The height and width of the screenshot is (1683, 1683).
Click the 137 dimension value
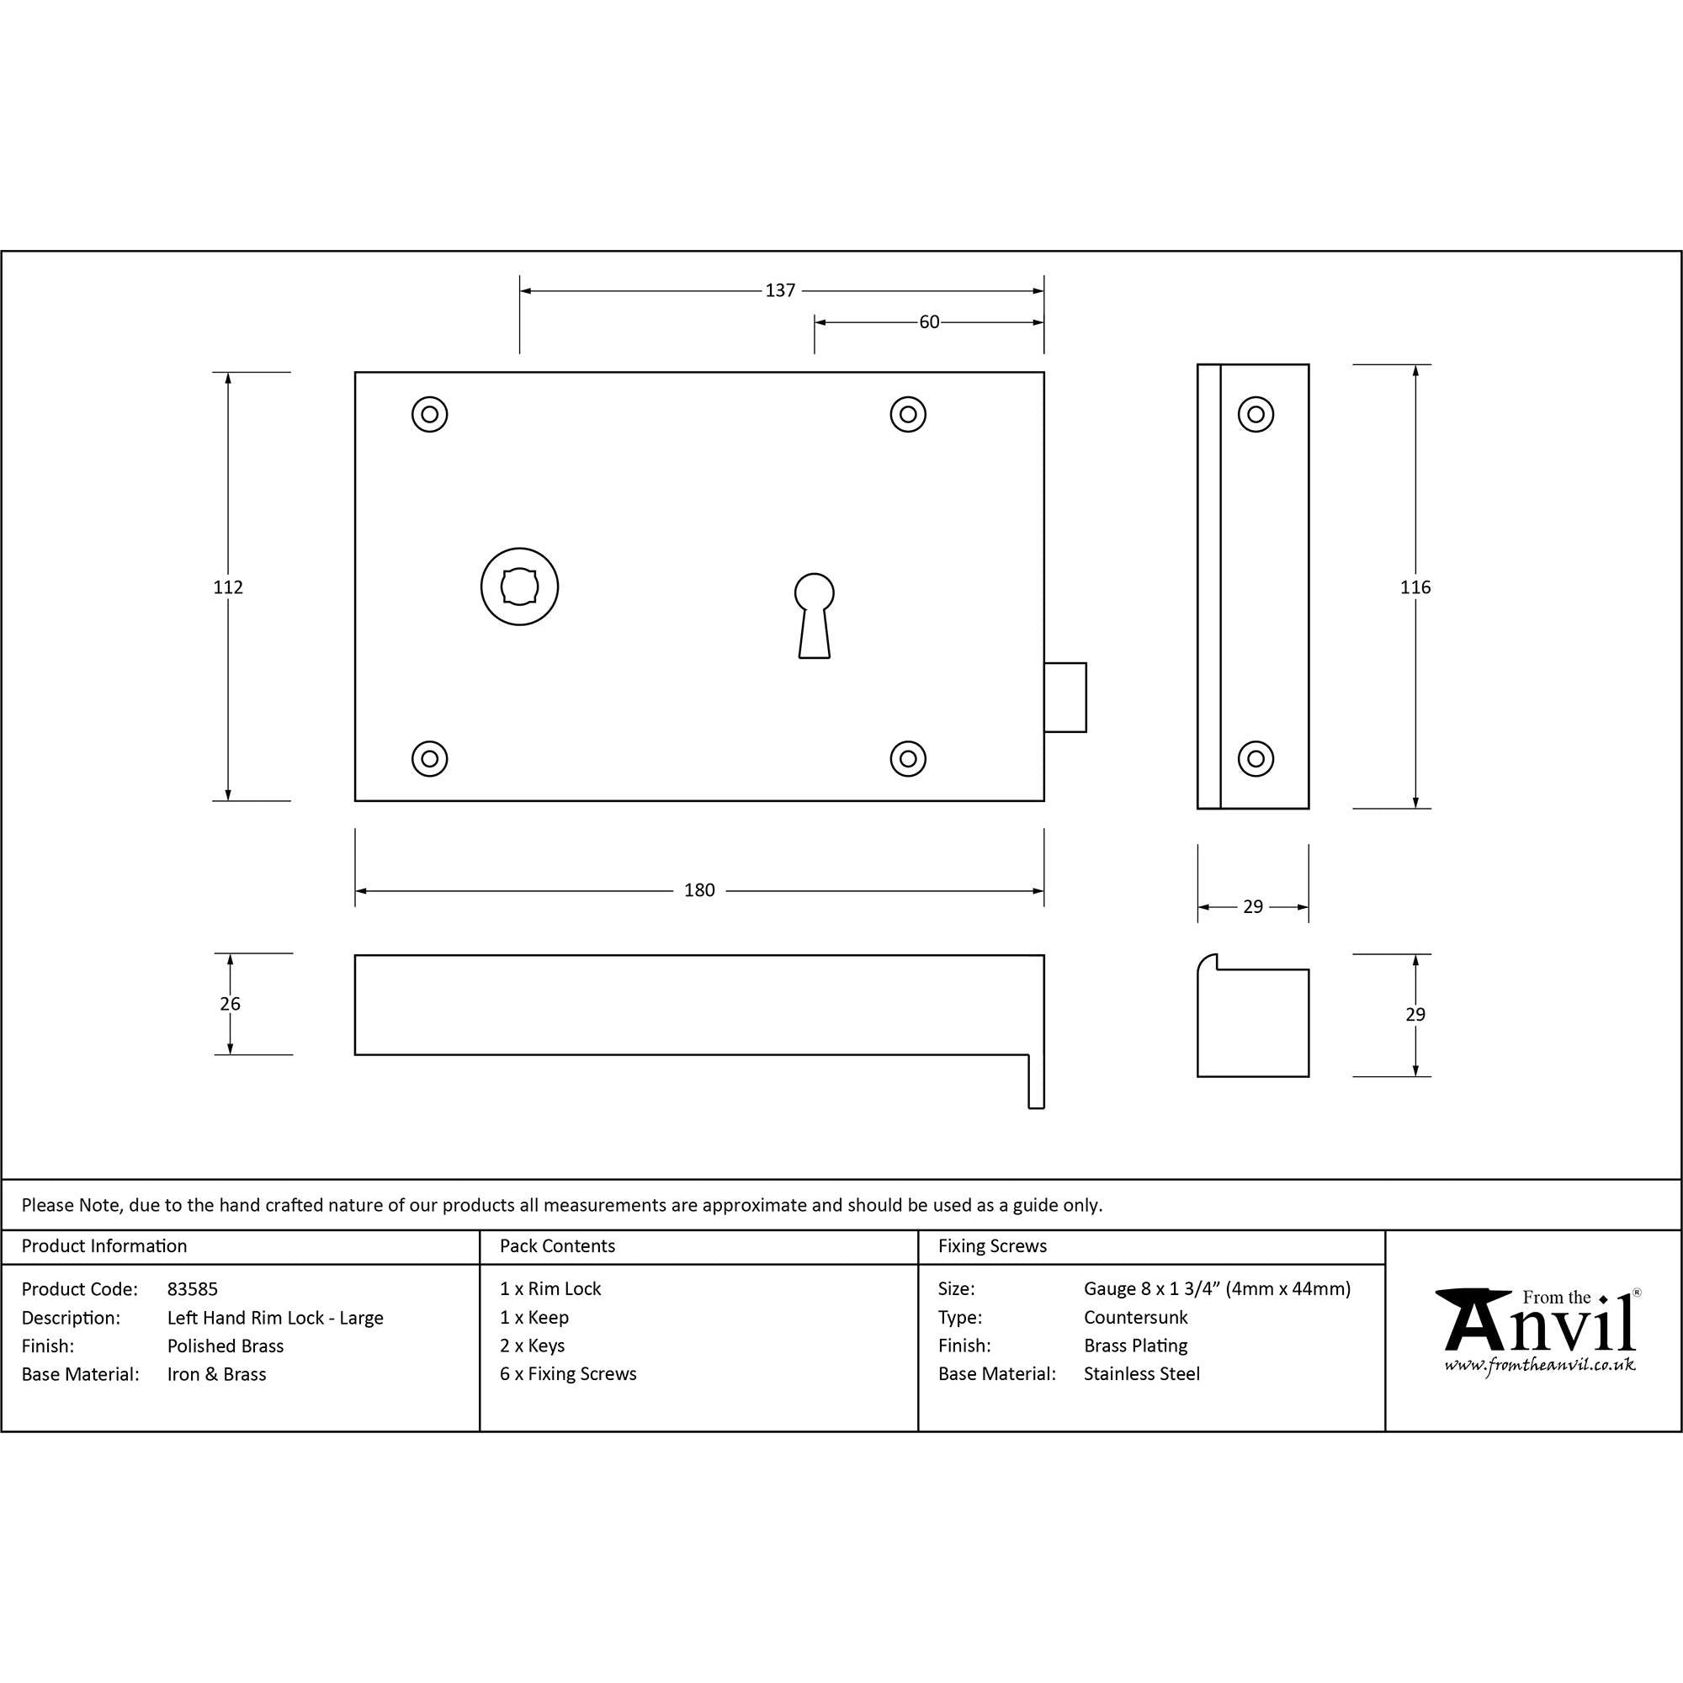pos(780,290)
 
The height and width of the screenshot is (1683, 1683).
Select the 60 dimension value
pos(930,322)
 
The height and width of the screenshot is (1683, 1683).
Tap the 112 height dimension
pos(228,587)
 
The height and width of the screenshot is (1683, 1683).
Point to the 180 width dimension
pos(699,890)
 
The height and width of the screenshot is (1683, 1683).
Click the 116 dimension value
pos(1415,587)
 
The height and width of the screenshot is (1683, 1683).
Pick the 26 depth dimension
pos(230,1004)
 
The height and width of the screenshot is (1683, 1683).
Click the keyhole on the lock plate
pos(815,615)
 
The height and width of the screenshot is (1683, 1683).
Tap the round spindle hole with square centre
pos(519,587)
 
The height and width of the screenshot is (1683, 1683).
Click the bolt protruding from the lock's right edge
pos(1065,697)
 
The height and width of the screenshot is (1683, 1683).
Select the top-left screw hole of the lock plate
pos(429,414)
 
